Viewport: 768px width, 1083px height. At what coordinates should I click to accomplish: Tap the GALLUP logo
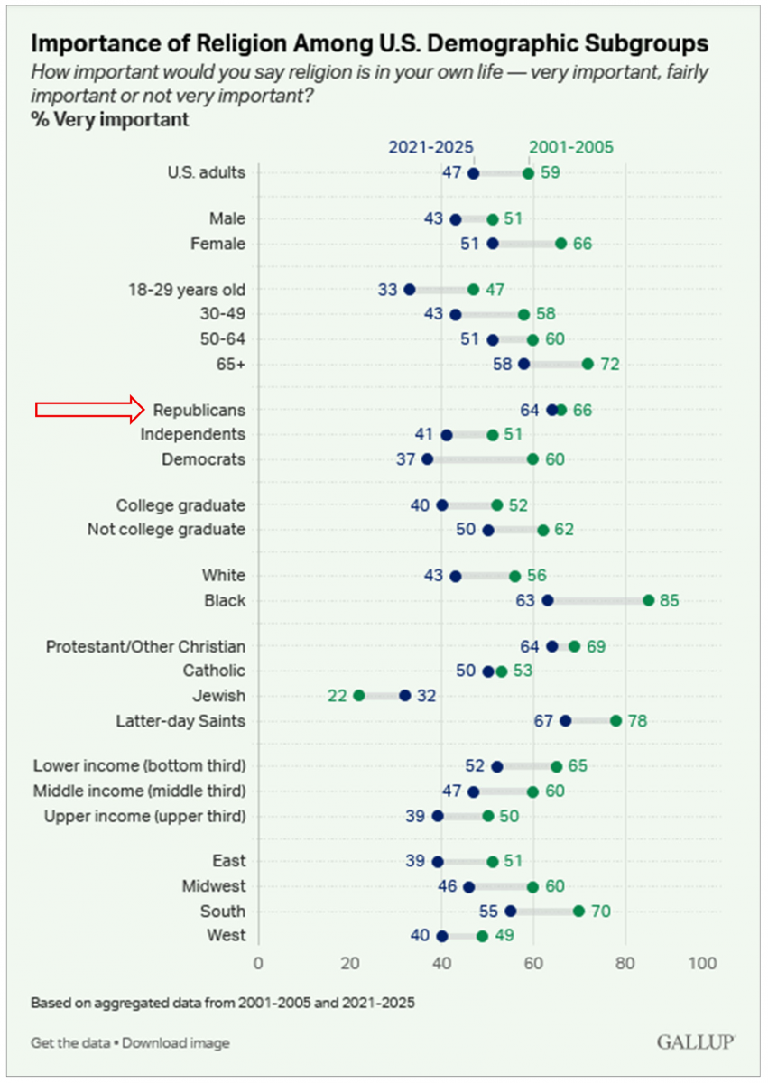(694, 1042)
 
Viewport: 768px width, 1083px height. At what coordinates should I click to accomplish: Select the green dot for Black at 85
(648, 600)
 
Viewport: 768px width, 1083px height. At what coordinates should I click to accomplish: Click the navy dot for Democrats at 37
(428, 459)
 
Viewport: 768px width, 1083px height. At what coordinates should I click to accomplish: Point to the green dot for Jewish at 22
(358, 696)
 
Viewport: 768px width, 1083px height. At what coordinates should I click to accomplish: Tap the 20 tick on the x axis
(349, 962)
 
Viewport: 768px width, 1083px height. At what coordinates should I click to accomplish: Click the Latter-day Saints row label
(180, 720)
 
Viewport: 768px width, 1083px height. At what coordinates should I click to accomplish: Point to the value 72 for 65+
(609, 364)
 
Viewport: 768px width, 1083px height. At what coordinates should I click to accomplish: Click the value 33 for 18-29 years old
(388, 289)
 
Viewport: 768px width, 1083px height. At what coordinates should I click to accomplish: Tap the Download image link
(176, 1043)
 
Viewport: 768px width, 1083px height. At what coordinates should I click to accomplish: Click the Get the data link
(70, 1043)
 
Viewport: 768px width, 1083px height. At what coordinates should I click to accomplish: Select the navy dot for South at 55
(510, 912)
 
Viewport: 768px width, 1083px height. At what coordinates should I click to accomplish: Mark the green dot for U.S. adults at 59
(528, 173)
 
